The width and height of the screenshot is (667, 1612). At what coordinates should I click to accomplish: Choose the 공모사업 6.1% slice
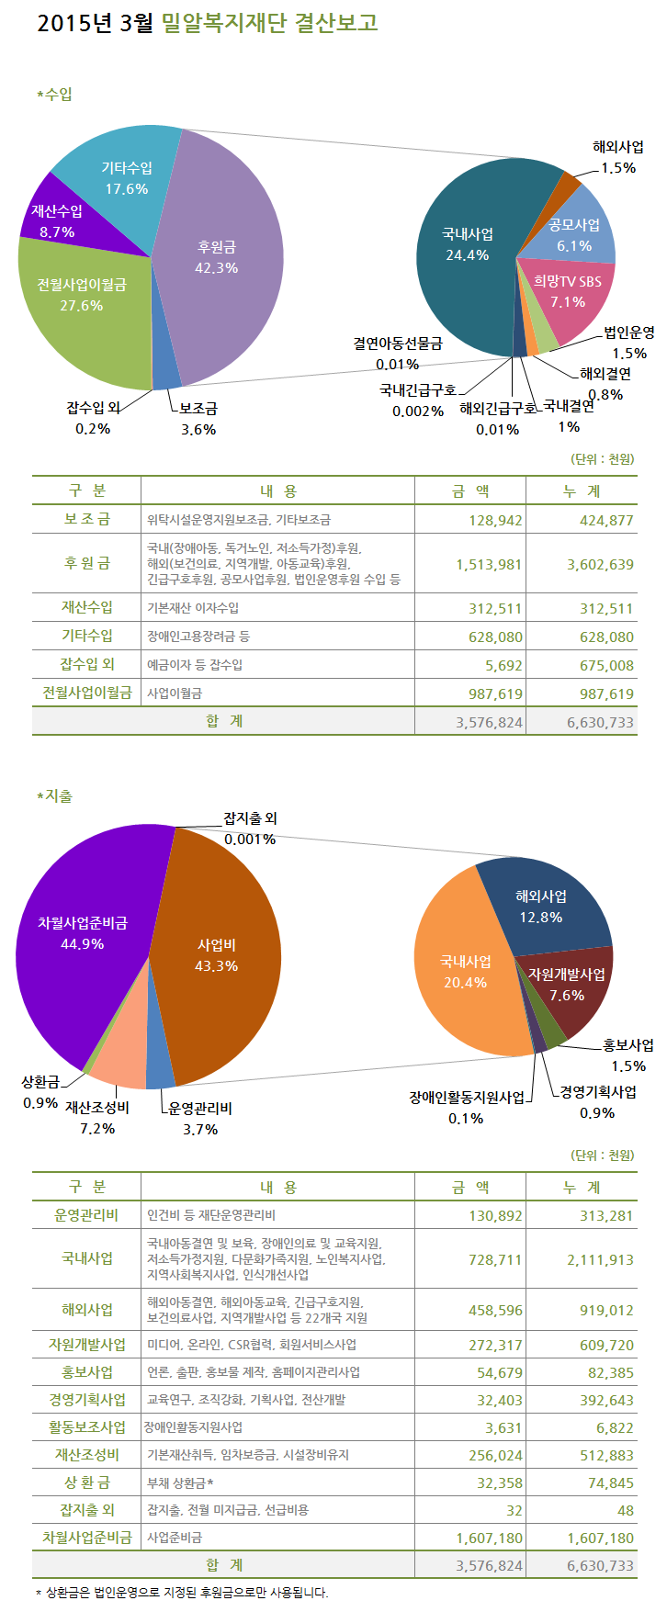pyautogui.click(x=574, y=234)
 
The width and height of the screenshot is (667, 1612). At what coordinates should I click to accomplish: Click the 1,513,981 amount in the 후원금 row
pyautogui.click(x=489, y=564)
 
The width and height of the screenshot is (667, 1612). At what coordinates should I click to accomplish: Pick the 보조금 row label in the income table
pyautogui.click(x=86, y=520)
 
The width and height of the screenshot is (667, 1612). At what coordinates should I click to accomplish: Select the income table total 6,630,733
pyautogui.click(x=600, y=722)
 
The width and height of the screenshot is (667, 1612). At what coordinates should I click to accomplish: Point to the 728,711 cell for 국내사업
pyautogui.click(x=495, y=1259)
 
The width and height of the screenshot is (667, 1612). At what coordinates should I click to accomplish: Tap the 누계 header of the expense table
pyautogui.click(x=581, y=1187)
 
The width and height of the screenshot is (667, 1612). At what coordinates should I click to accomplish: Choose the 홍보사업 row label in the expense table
pyautogui.click(x=86, y=1372)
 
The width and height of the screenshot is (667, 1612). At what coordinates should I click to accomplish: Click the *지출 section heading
pyautogui.click(x=54, y=795)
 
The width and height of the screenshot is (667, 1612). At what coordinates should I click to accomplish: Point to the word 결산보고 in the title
pyautogui.click(x=336, y=23)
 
